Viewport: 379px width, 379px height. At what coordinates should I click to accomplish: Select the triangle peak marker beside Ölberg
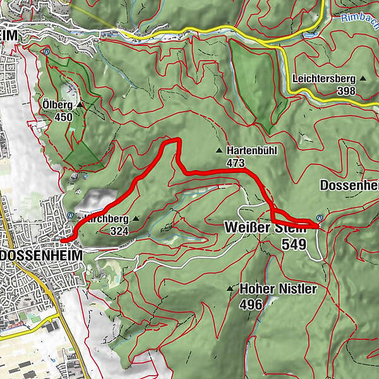point(80,104)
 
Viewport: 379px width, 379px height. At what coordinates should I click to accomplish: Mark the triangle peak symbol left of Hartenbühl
point(219,151)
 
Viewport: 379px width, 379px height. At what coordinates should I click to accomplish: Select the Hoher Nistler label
point(278,289)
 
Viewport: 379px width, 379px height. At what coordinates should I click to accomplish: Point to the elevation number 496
point(251,304)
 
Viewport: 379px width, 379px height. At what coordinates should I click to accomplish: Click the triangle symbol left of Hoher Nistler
point(231,289)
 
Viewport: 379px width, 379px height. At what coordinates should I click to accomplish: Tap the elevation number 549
point(294,244)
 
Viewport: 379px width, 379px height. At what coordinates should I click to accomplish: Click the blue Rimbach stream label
point(361,18)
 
